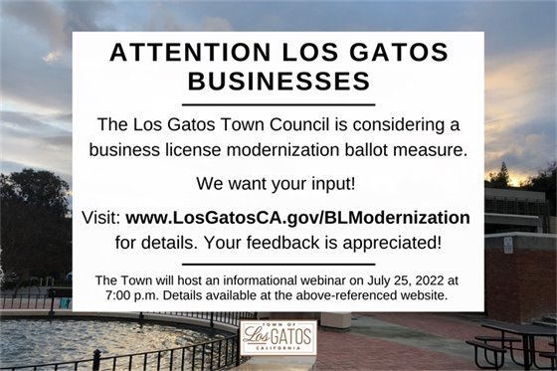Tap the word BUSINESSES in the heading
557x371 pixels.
coord(278,80)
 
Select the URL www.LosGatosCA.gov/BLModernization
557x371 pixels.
coord(298,217)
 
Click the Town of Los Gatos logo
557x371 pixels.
coord(278,337)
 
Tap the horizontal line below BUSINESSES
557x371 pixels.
coord(278,103)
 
